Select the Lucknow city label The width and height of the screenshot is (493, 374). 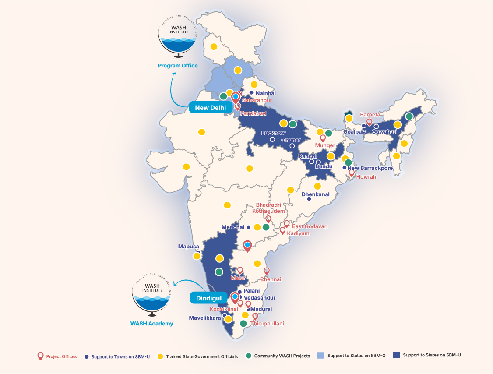(x=273, y=133)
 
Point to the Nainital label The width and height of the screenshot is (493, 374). (x=266, y=93)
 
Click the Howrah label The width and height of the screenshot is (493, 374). (x=366, y=177)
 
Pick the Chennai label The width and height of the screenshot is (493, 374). (x=271, y=279)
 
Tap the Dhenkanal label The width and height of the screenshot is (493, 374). (x=315, y=194)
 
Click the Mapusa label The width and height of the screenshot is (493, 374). (x=189, y=247)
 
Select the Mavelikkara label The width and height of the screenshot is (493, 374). (x=204, y=318)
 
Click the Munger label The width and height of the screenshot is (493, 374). (x=325, y=145)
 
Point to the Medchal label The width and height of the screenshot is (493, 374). (x=233, y=227)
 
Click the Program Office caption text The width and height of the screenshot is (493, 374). (x=178, y=66)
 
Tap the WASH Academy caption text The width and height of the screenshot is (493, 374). (x=151, y=324)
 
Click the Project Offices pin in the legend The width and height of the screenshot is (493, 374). (x=41, y=356)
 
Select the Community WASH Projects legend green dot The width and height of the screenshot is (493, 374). (x=249, y=356)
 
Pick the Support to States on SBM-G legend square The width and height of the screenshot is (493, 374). (x=320, y=356)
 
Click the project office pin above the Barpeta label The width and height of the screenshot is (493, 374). (x=369, y=122)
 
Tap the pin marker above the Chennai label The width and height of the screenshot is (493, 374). (x=266, y=271)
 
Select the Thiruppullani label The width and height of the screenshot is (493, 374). (x=267, y=324)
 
